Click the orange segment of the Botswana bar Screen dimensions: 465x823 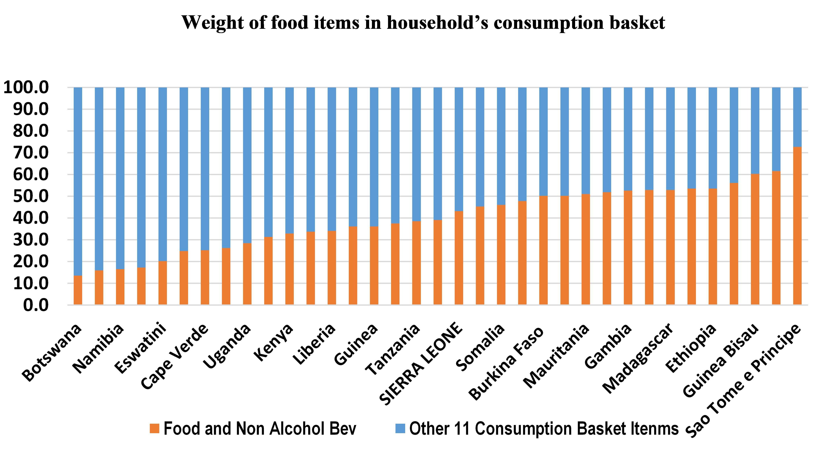tap(78, 290)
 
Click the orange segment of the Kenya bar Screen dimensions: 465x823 tap(268, 271)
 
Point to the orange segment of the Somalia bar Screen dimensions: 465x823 tap(480, 255)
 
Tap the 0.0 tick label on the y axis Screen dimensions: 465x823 tap(36, 305)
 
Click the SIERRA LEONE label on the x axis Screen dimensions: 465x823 tap(421, 364)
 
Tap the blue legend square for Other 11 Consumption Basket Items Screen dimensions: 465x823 tap(400, 429)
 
